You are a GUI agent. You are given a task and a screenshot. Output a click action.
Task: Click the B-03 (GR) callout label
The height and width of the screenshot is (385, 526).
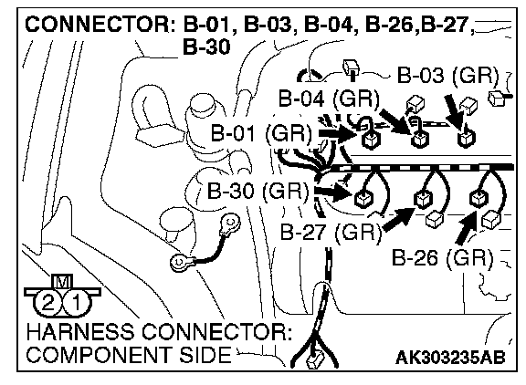(x=447, y=75)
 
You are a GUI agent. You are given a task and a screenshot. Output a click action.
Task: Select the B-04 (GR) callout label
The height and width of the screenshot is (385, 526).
(x=329, y=99)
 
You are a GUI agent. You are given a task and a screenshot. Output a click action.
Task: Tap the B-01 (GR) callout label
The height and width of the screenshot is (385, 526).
(x=261, y=132)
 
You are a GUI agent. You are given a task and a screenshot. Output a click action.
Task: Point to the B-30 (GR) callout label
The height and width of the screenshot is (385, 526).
(x=258, y=192)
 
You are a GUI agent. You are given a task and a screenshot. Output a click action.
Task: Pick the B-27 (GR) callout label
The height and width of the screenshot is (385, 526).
(x=331, y=232)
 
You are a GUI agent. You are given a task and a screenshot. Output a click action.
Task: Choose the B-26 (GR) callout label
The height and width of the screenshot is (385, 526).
(x=443, y=257)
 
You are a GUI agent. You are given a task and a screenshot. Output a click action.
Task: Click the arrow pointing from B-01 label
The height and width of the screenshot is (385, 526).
(x=338, y=134)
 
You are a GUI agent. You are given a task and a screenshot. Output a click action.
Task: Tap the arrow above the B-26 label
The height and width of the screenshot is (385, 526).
(x=467, y=227)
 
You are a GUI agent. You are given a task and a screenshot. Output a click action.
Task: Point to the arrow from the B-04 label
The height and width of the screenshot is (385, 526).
(x=395, y=121)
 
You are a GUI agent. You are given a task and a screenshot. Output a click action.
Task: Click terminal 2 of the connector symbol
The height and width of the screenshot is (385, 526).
(x=48, y=303)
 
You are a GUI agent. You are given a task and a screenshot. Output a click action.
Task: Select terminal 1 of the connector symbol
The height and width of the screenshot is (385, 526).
(x=77, y=303)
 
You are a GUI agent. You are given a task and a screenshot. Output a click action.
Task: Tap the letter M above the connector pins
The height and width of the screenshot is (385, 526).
(x=62, y=282)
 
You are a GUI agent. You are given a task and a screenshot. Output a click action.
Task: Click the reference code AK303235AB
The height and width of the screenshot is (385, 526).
(x=450, y=358)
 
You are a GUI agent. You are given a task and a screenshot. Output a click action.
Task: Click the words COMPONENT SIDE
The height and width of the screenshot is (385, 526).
(x=129, y=356)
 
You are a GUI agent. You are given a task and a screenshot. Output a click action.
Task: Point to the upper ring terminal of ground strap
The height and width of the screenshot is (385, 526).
(x=230, y=223)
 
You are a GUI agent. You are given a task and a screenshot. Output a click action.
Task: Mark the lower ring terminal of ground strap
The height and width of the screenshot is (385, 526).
(x=180, y=261)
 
